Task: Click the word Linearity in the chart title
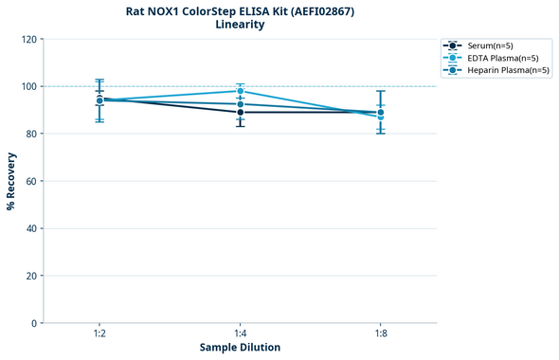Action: [x=240, y=25]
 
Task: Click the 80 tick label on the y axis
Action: [x=31, y=134]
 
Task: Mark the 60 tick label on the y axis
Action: [x=31, y=181]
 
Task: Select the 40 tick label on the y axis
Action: [x=31, y=228]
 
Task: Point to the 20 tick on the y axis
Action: [x=31, y=276]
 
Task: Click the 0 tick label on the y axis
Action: [x=34, y=323]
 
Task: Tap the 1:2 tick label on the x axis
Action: [x=99, y=334]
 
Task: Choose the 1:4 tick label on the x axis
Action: [x=240, y=334]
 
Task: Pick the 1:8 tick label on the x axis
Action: [x=380, y=334]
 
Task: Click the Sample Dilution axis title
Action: [x=240, y=348]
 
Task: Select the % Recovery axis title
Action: [x=11, y=181]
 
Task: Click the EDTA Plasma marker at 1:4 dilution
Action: [x=240, y=91]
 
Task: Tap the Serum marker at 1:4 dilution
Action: [x=240, y=112]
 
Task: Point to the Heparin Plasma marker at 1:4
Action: [x=240, y=104]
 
